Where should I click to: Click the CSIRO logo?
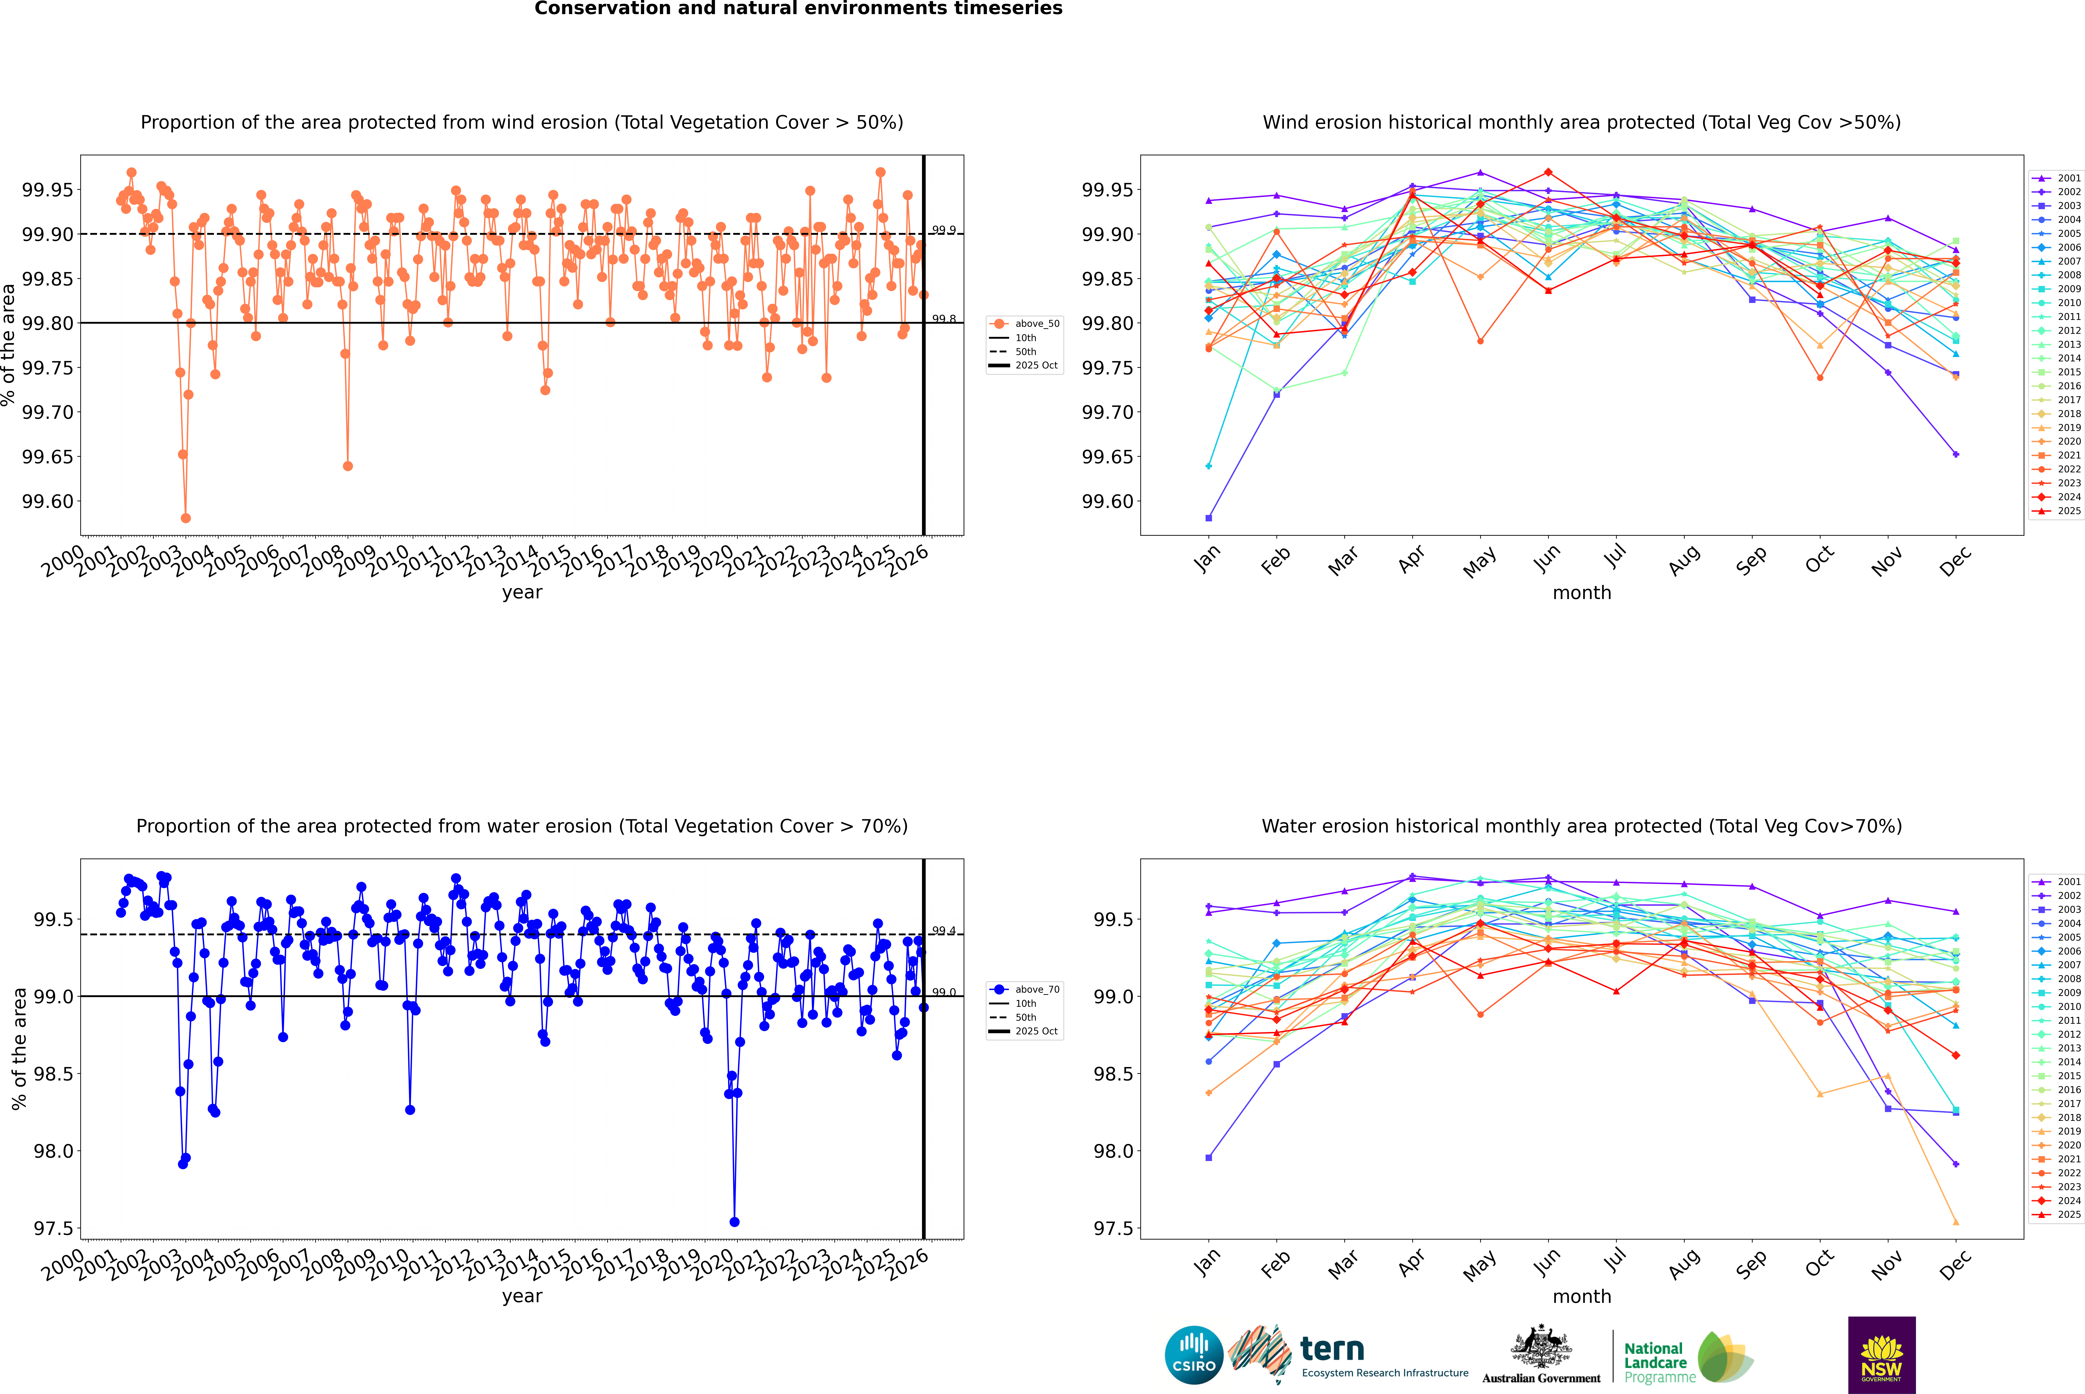[x=1194, y=1355]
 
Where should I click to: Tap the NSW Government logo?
[x=1881, y=1355]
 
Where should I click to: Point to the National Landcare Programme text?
[x=1655, y=1362]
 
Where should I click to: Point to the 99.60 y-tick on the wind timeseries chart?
[x=48, y=502]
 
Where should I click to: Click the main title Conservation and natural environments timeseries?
[x=798, y=9]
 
